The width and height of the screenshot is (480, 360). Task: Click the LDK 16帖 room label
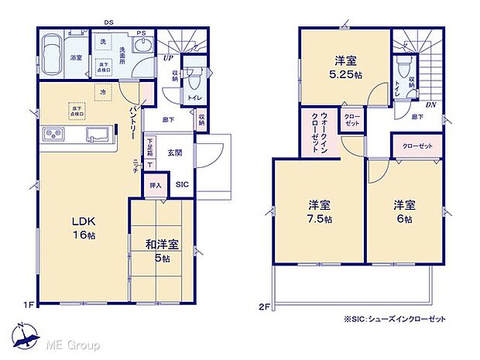pyautogui.click(x=77, y=225)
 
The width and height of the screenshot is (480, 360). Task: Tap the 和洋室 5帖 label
pyautogui.click(x=162, y=251)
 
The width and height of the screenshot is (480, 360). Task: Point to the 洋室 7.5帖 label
pyautogui.click(x=320, y=212)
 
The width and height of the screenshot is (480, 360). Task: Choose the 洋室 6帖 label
pyautogui.click(x=403, y=212)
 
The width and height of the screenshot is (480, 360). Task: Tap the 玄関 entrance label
pyautogui.click(x=175, y=152)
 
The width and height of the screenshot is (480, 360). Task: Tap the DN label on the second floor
pyautogui.click(x=430, y=102)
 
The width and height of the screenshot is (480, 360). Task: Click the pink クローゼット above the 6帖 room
pyautogui.click(x=417, y=145)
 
